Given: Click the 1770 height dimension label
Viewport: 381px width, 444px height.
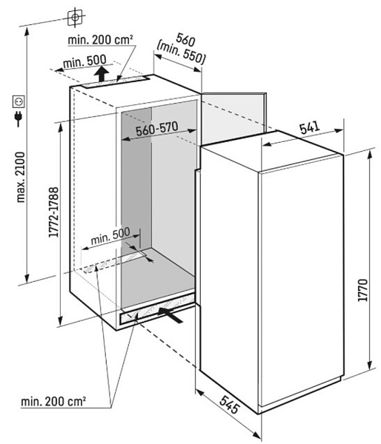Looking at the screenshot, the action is click(x=363, y=290).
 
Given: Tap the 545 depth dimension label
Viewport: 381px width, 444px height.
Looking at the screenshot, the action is click(x=230, y=405).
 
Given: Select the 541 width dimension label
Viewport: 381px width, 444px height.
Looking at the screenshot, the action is click(x=310, y=128).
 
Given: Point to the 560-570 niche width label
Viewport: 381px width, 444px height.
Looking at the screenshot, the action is click(x=157, y=129).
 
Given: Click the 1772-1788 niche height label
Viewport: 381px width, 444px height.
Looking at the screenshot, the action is click(x=53, y=212).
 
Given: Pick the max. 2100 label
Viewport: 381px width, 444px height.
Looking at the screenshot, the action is click(x=21, y=178).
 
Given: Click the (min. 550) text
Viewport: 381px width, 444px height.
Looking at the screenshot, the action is click(x=181, y=53).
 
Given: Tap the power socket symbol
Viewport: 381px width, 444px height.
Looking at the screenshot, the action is click(x=19, y=101).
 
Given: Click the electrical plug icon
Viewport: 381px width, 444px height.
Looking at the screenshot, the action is click(x=19, y=119).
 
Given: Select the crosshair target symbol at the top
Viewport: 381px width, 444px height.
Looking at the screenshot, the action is click(x=75, y=17).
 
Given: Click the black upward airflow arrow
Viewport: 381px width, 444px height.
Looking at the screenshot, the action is click(x=102, y=73).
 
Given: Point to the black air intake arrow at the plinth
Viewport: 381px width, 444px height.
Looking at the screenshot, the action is click(x=170, y=315).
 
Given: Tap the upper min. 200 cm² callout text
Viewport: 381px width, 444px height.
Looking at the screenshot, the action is click(x=100, y=40).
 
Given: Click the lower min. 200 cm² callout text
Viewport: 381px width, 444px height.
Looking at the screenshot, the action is click(x=53, y=401).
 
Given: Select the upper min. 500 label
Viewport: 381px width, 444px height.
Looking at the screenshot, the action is click(x=85, y=61).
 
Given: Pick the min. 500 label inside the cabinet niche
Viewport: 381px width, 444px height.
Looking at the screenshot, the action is click(x=110, y=235).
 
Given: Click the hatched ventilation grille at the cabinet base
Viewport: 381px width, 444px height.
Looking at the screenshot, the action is click(x=158, y=309).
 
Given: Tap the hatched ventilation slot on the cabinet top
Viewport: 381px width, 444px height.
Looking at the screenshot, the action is click(x=116, y=81).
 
